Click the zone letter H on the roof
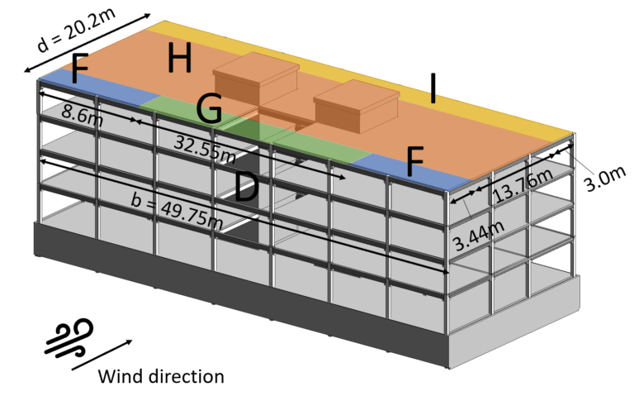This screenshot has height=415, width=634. [x=179, y=59]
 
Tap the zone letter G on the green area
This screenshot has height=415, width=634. [x=209, y=108]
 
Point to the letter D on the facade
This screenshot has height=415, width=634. [x=246, y=188]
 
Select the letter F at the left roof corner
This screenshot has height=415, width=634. [x=79, y=69]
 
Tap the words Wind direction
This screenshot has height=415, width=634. [x=161, y=377]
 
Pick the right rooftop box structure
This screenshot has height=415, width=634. [x=356, y=104]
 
